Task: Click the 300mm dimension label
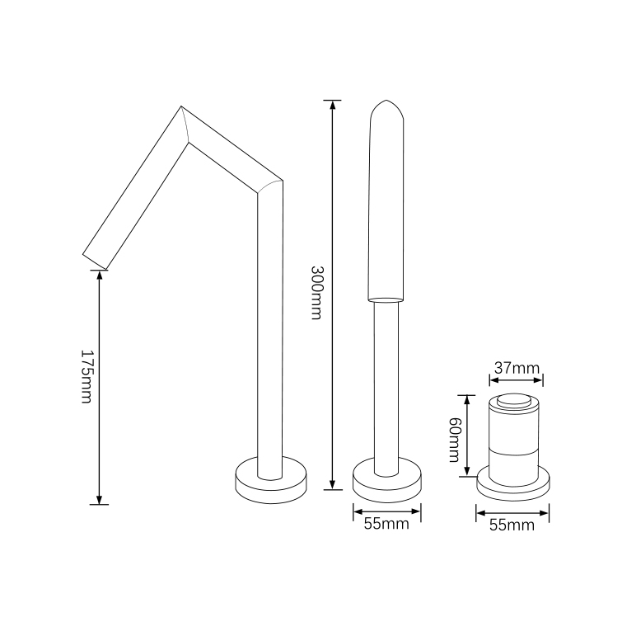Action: [x=317, y=292]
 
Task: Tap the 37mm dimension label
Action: [x=517, y=369]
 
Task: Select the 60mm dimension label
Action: [x=454, y=440]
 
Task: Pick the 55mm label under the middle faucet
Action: [x=386, y=524]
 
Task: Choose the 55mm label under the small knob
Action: [x=512, y=525]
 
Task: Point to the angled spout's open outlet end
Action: [x=95, y=262]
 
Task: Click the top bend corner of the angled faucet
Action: [x=181, y=106]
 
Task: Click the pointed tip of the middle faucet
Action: [x=386, y=101]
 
